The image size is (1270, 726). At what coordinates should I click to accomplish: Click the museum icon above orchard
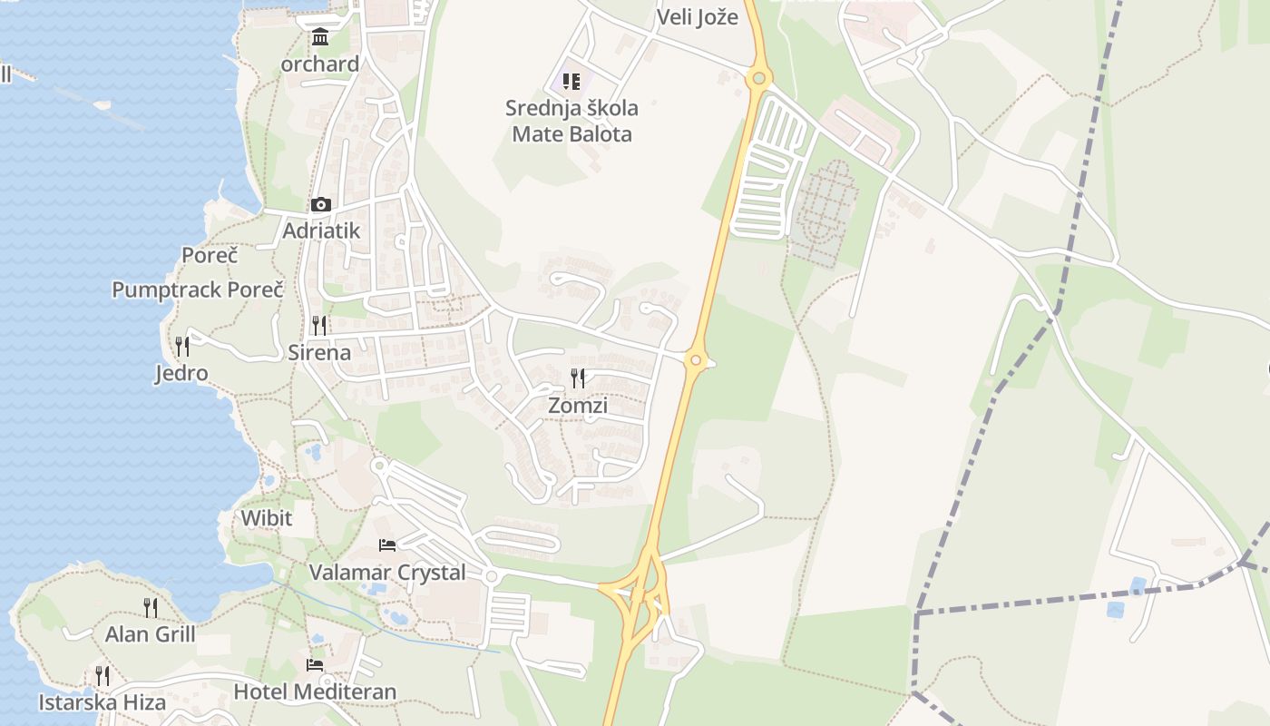(x=320, y=37)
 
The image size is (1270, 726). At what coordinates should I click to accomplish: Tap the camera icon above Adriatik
(x=320, y=204)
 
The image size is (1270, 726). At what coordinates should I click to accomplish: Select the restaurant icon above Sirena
(x=319, y=325)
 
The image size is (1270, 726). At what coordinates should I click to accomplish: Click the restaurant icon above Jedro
(x=182, y=346)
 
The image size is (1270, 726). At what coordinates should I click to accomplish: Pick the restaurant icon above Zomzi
(x=578, y=378)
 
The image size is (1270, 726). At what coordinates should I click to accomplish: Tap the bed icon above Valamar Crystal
(x=387, y=545)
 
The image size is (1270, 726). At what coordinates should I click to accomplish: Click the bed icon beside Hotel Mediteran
(x=315, y=665)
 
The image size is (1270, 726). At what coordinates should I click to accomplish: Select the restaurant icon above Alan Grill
(x=151, y=606)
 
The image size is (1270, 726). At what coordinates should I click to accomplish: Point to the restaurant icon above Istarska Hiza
(x=103, y=675)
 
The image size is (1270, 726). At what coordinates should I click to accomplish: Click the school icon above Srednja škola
(x=571, y=82)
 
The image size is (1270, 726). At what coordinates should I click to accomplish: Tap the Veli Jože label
(x=697, y=16)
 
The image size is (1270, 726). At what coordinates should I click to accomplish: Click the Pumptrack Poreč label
(x=198, y=289)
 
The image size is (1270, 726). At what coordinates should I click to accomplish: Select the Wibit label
(x=266, y=518)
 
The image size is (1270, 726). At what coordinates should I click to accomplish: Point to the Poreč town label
(x=210, y=255)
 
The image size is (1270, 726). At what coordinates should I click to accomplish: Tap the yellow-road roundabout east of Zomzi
(x=696, y=360)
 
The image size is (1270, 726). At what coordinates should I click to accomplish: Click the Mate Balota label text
(x=571, y=134)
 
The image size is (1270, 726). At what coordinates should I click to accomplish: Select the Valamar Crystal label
(x=387, y=573)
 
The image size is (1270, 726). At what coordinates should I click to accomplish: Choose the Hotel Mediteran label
(x=315, y=692)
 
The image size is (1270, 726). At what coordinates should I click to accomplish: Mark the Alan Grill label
(x=151, y=633)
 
